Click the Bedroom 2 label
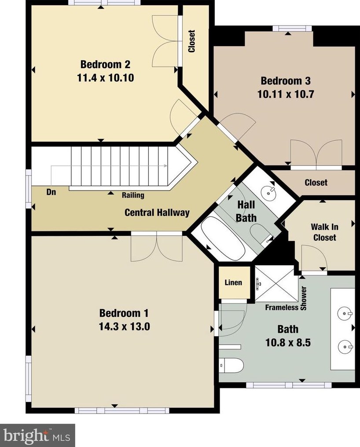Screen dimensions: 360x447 tap(105, 64)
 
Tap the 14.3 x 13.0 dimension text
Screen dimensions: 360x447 tap(125, 326)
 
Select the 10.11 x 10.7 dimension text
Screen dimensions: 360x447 tap(286, 94)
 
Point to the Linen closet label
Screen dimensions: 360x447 tap(233, 282)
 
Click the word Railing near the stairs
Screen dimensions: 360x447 tap(133, 195)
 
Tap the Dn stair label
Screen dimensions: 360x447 tap(51, 192)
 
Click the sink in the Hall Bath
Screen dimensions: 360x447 tap(268, 192)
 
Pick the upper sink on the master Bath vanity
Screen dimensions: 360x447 tap(345, 313)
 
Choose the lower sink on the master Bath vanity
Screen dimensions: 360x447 tap(345, 347)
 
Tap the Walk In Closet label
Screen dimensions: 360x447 tap(325, 232)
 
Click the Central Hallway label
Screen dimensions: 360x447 tap(157, 213)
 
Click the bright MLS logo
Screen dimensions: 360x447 tap(37, 435)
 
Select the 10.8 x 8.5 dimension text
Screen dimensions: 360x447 tap(288, 342)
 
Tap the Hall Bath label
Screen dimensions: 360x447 tap(246, 211)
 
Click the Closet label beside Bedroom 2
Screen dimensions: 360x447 tap(192, 41)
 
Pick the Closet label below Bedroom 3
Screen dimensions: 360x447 tap(316, 183)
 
